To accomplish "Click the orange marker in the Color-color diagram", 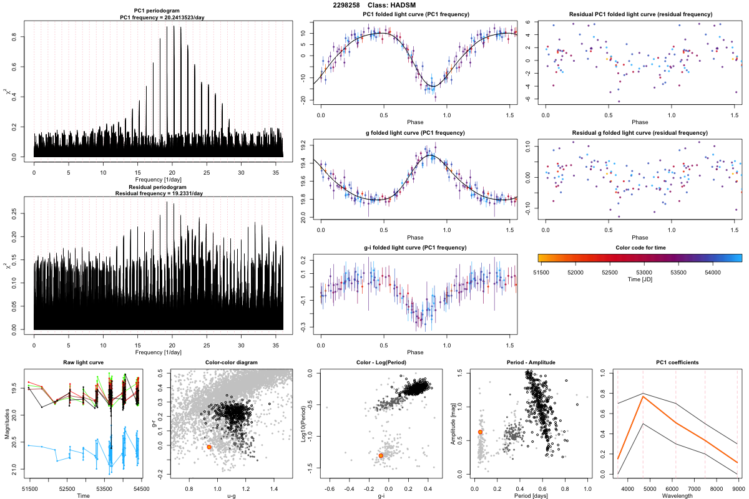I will [209, 447].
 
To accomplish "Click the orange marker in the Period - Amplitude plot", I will [480, 432].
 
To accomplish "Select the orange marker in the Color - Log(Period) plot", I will [381, 456].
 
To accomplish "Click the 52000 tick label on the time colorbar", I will [575, 273].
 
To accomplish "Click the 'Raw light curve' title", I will [83, 362].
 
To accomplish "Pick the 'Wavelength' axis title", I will [677, 496].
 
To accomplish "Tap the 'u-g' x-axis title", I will [231, 496].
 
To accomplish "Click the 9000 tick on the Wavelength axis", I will [737, 488].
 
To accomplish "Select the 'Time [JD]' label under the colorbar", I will [639, 280].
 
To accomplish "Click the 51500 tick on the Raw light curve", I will [29, 488].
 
